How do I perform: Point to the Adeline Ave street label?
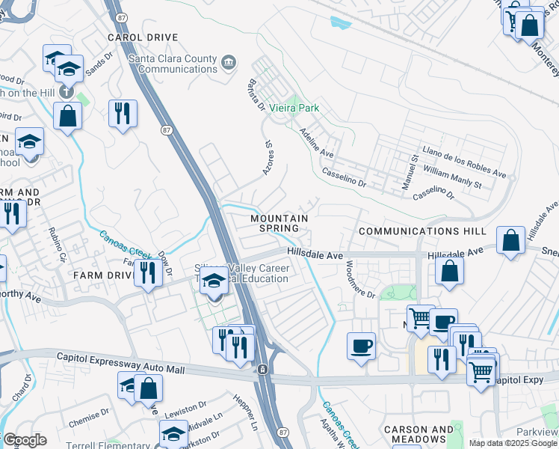click(x=316, y=141)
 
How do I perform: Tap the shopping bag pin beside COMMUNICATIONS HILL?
click(x=510, y=241)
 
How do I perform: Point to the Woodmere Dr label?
click(x=361, y=280)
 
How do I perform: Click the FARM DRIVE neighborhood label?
click(x=103, y=275)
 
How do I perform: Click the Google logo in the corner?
click(x=24, y=440)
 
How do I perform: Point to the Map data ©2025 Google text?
click(x=513, y=444)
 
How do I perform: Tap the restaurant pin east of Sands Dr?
click(x=122, y=113)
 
